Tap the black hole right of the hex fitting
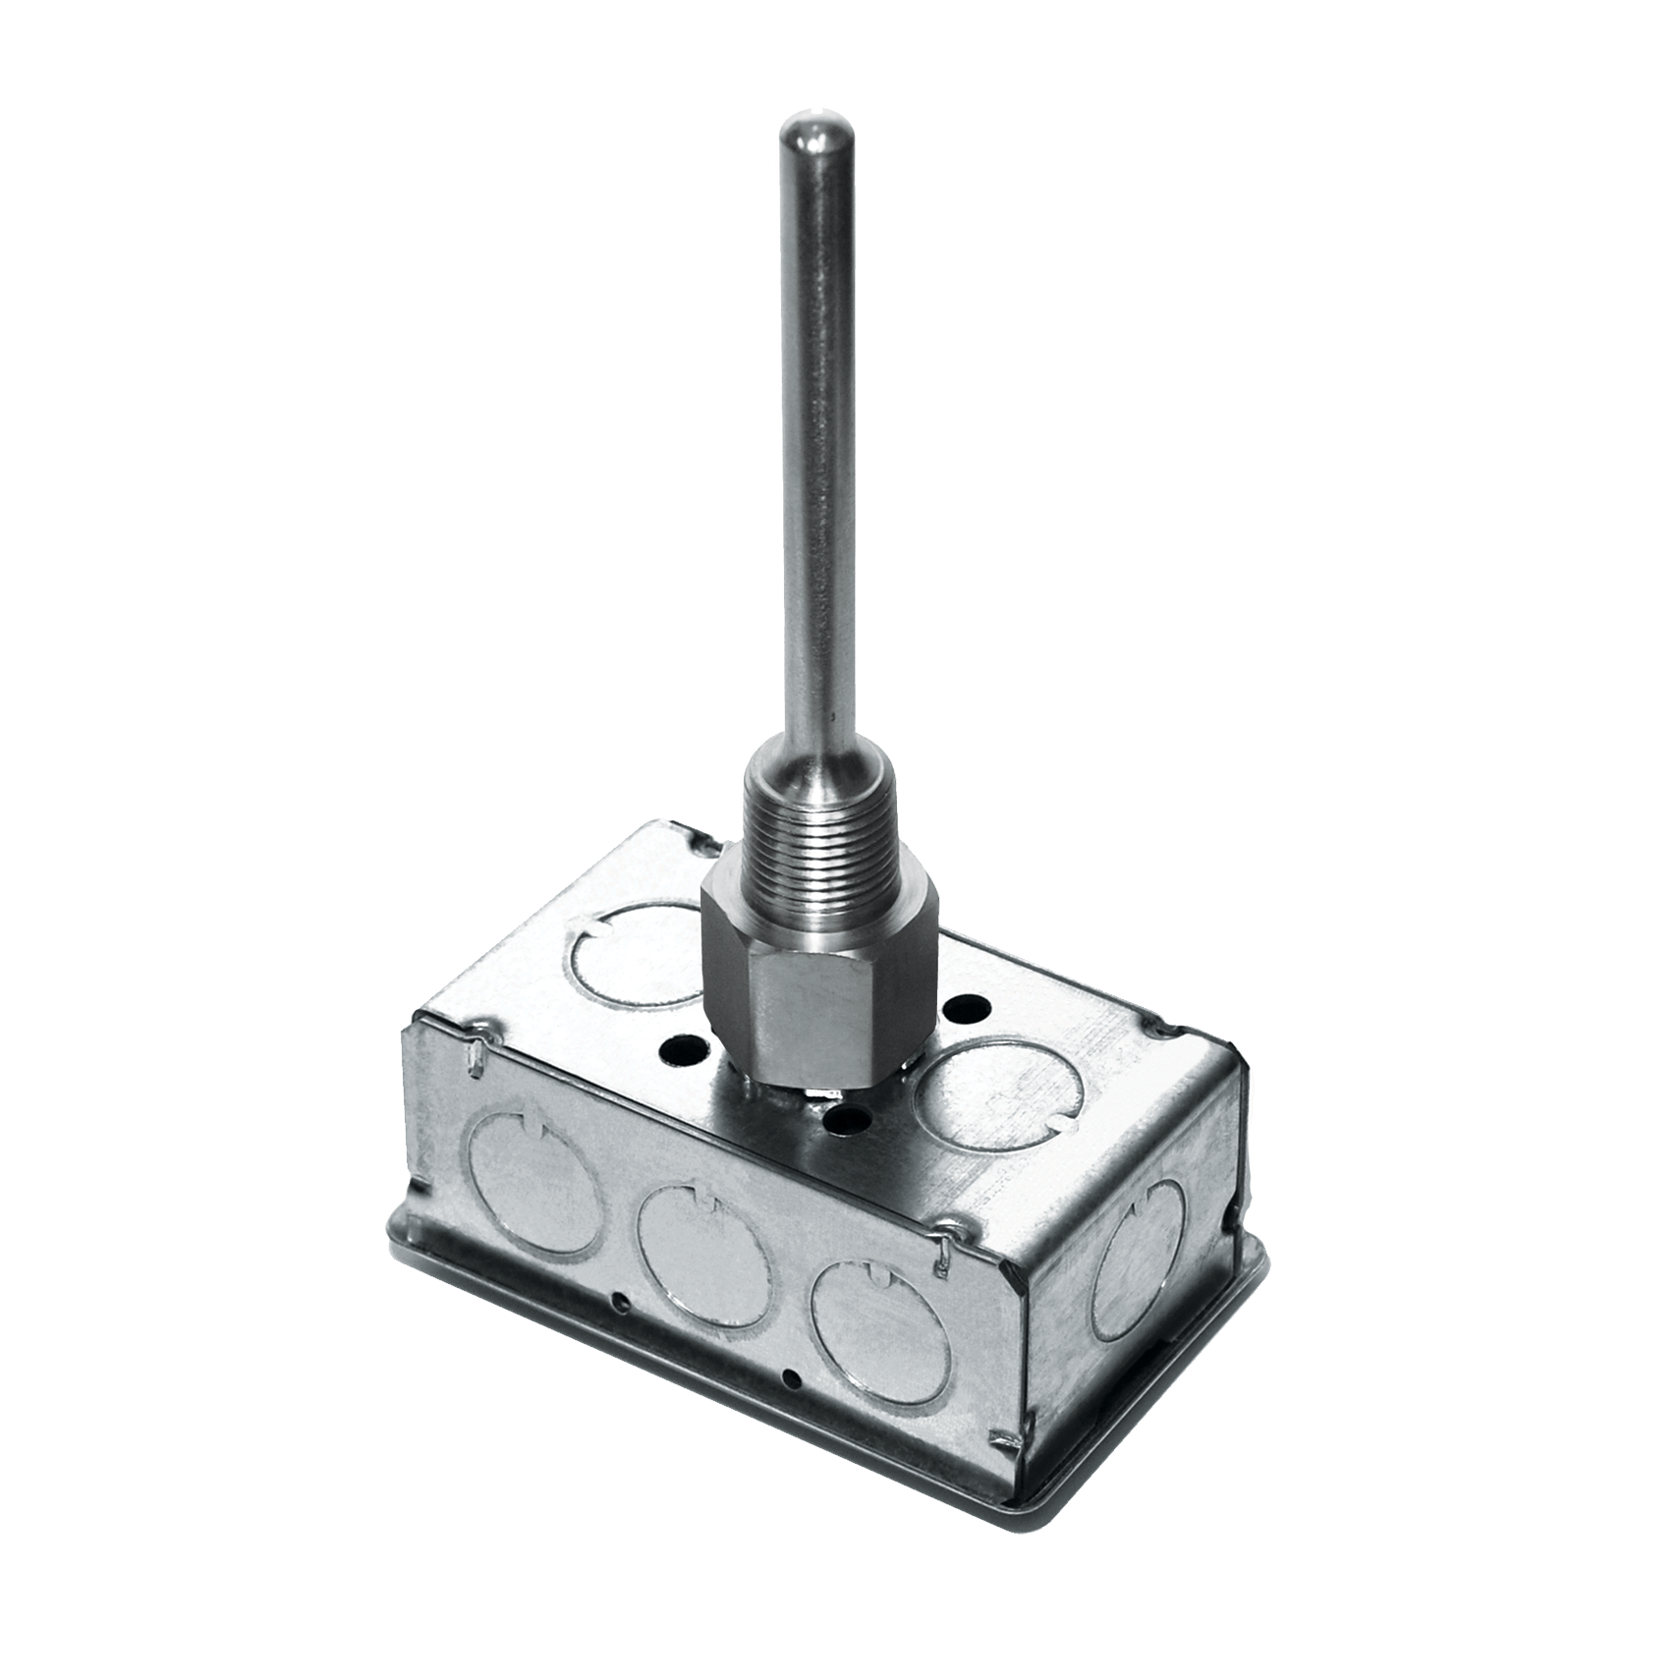(968, 1006)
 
